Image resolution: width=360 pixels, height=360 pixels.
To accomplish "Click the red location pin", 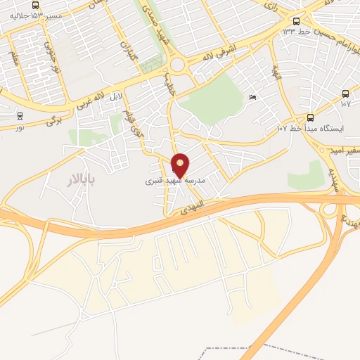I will pyautogui.click(x=181, y=166).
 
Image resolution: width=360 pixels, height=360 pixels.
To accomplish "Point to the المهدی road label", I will pyautogui.click(x=191, y=207).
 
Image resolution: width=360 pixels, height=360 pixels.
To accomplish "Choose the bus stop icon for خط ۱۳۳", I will pyautogui.click(x=296, y=22).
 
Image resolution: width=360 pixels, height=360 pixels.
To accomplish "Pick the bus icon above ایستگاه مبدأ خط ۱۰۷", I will pyautogui.click(x=311, y=117).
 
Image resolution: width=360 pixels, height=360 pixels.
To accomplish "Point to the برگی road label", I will pyautogui.click(x=55, y=120).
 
